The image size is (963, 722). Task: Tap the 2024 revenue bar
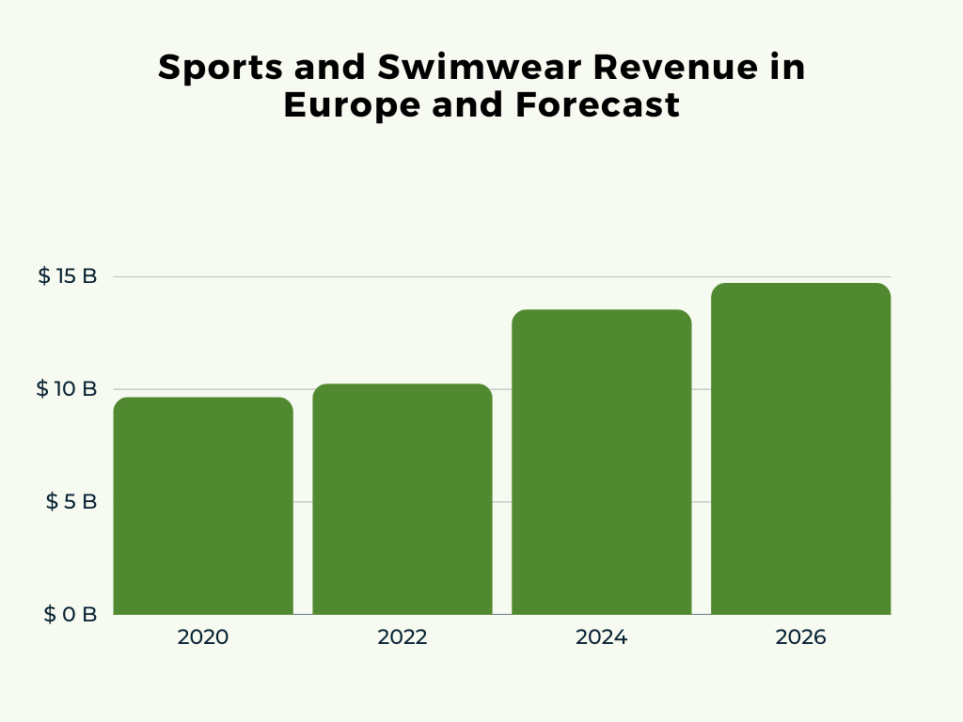pyautogui.click(x=602, y=462)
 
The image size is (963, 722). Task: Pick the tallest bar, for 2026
pyautogui.click(x=800, y=448)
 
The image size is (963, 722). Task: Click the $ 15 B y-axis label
pyautogui.click(x=68, y=276)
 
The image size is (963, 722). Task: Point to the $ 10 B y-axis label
pyautogui.click(x=67, y=389)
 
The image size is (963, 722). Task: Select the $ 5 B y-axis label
pyautogui.click(x=71, y=502)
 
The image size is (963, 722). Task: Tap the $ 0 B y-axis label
pyautogui.click(x=71, y=615)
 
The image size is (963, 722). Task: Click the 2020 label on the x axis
pyautogui.click(x=203, y=637)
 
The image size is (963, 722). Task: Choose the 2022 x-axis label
pyautogui.click(x=403, y=637)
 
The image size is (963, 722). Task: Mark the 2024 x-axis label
pyautogui.click(x=602, y=637)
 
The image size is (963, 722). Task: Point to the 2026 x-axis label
pyautogui.click(x=800, y=637)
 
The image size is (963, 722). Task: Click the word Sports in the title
pyautogui.click(x=207, y=69)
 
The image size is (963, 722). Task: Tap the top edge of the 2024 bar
pyautogui.click(x=602, y=310)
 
